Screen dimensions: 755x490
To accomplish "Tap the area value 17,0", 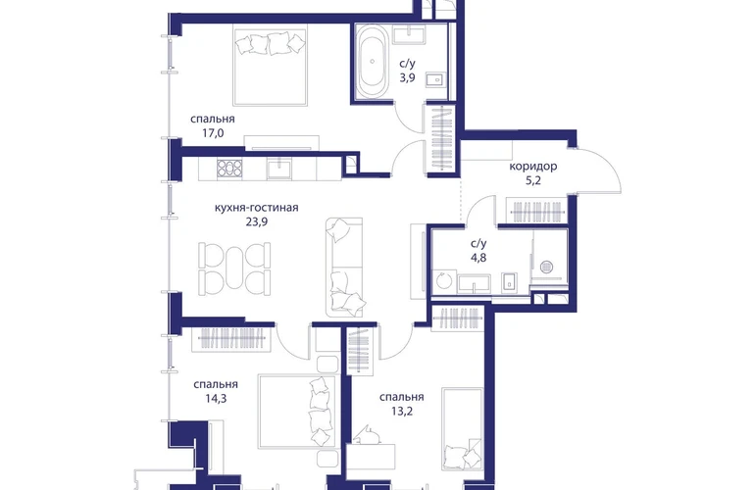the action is coord(213,133).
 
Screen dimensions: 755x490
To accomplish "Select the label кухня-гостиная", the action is coord(257,208).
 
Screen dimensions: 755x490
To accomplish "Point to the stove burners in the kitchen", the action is coord(229,169).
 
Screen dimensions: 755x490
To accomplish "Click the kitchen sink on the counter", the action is coord(278,170).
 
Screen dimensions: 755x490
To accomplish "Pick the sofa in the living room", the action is coord(344,268).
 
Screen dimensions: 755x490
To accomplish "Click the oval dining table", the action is coord(234,268).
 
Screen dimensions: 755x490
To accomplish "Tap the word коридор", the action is coord(533,167).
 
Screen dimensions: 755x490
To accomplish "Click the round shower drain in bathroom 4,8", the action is coord(546,267).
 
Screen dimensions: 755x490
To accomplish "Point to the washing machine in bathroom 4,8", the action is coord(444,280).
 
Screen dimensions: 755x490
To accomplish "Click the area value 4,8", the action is coord(478,258).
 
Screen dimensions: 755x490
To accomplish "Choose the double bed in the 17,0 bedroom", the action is coord(270,67).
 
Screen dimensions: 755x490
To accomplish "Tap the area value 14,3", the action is coord(216,399).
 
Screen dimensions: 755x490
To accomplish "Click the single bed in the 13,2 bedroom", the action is coord(462,429).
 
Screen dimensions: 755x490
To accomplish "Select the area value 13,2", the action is coord(402,412).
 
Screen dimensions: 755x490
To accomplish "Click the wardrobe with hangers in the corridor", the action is coord(537,211).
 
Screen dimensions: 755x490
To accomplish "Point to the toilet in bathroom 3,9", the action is coord(435,80).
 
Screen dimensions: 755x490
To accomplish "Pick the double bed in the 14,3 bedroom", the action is coord(297,412).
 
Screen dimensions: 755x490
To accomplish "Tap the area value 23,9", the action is coord(257,221).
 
